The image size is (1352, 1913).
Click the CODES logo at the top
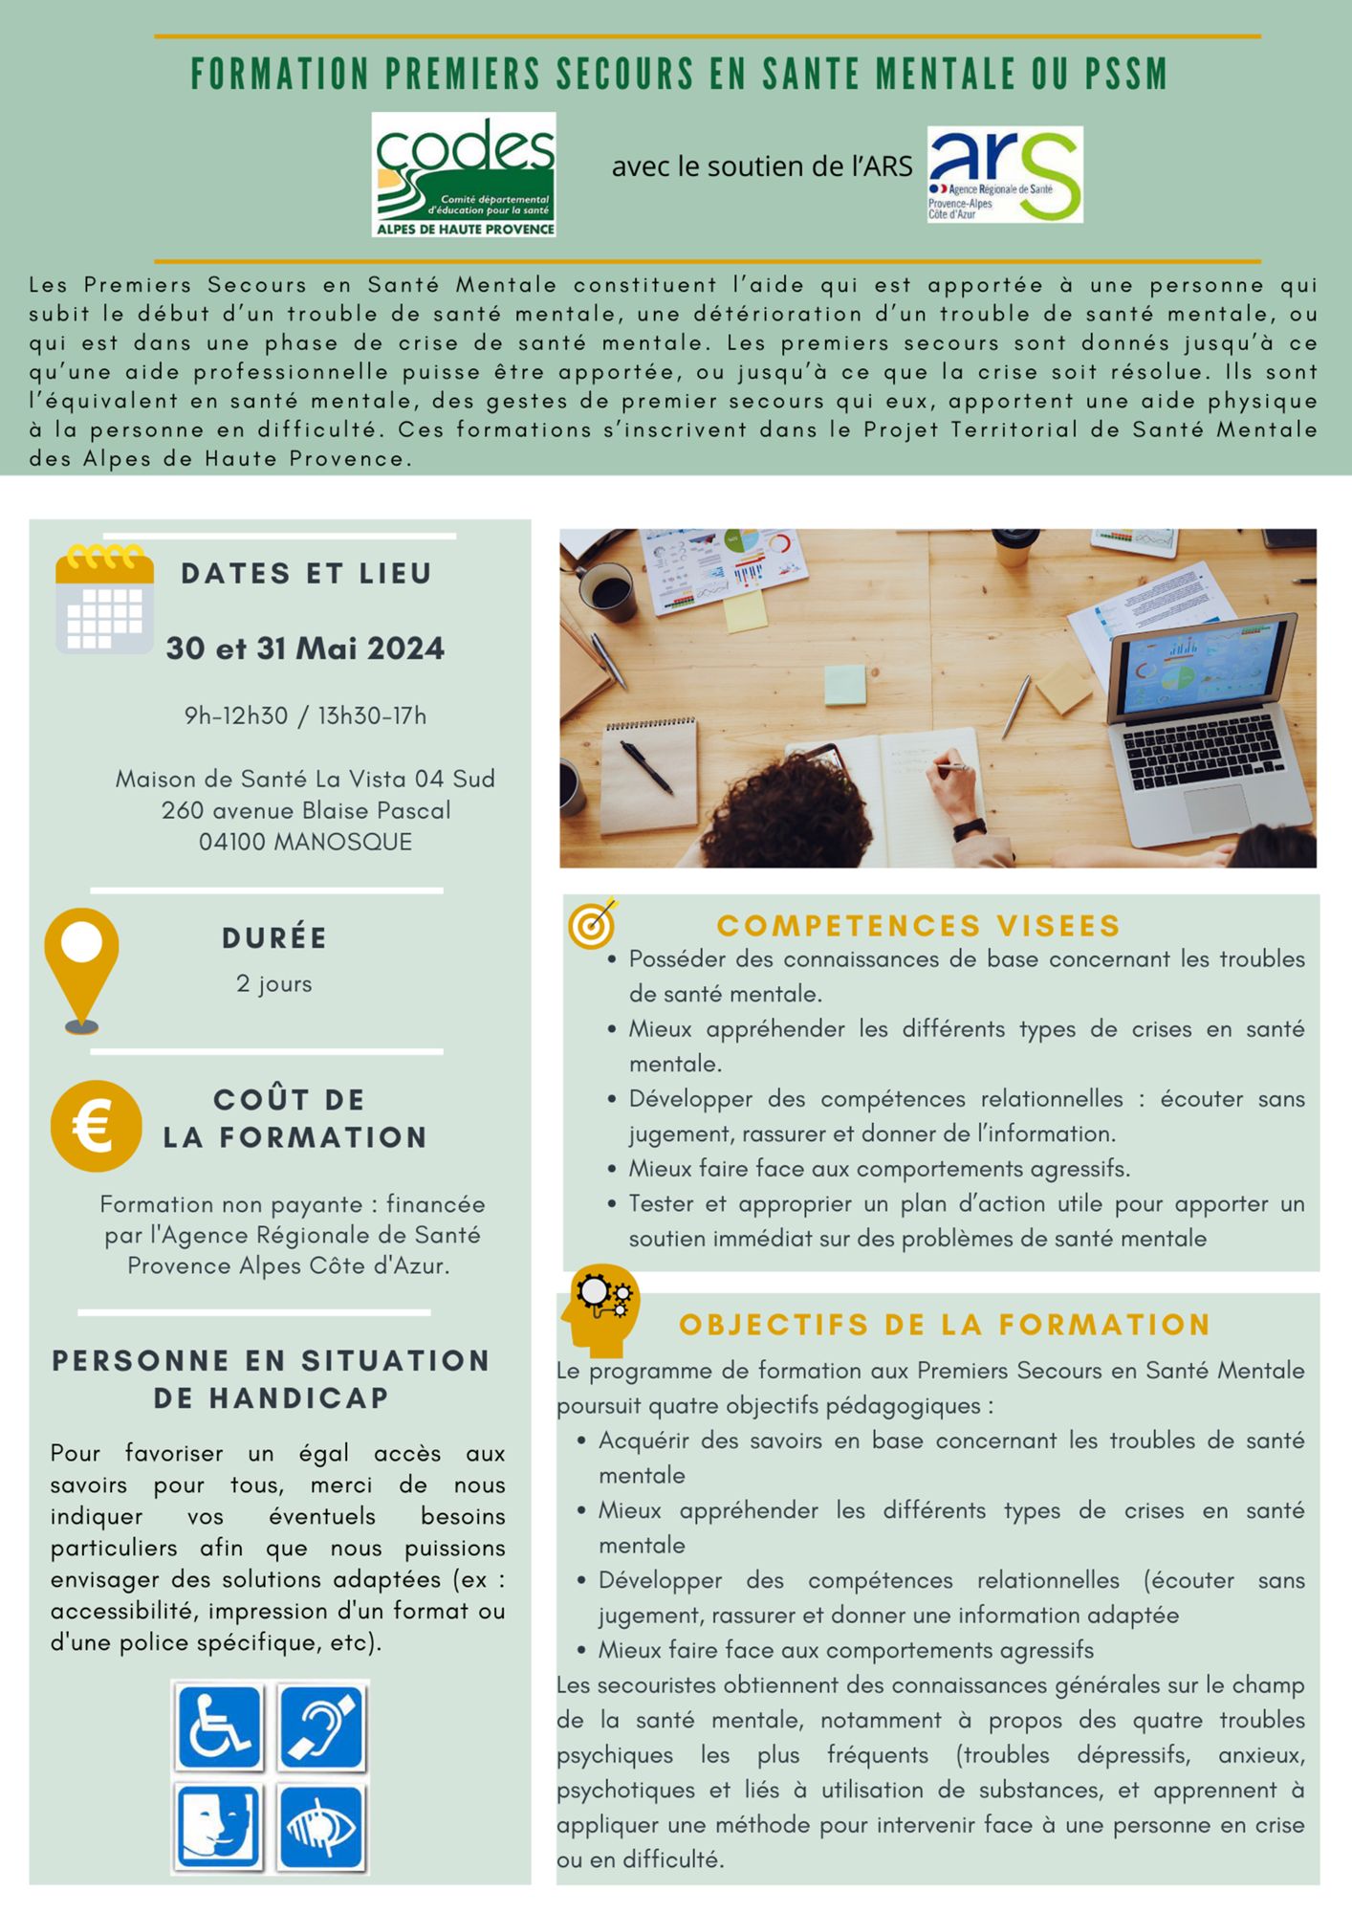click(464, 175)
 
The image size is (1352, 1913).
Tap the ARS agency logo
click(1004, 174)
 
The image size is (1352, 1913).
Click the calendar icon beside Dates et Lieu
click(104, 600)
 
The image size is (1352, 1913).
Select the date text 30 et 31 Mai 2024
click(305, 649)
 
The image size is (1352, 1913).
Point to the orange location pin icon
click(82, 969)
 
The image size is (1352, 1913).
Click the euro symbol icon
click(96, 1126)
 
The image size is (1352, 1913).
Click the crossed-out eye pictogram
click(322, 1828)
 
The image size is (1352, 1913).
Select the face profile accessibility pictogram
click(219, 1828)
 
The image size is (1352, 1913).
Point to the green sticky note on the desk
click(844, 685)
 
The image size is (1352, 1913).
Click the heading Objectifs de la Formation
click(945, 1325)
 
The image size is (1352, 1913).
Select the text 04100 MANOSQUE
click(305, 842)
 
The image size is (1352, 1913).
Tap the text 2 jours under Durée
click(274, 983)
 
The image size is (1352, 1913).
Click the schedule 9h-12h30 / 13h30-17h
click(305, 715)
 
